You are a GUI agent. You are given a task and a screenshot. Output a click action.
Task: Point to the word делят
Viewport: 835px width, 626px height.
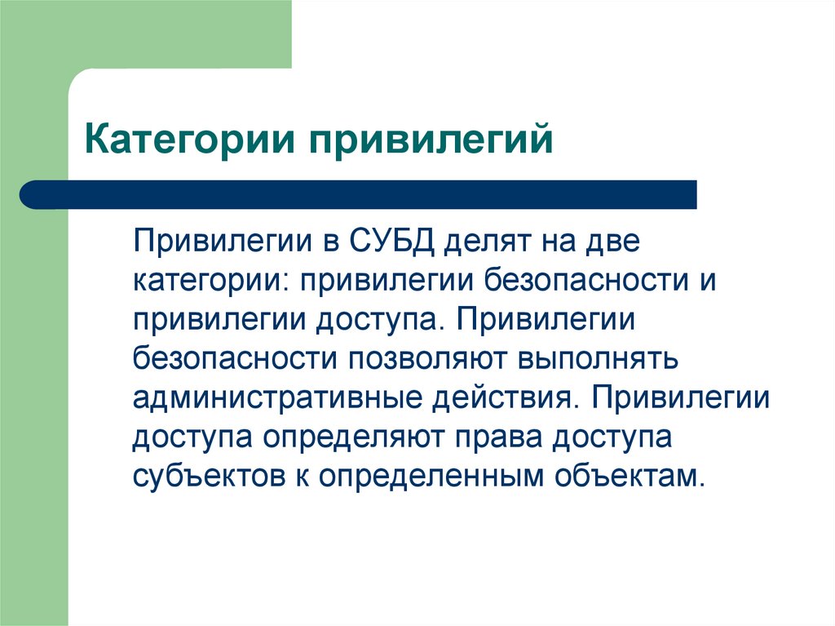pos(484,242)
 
